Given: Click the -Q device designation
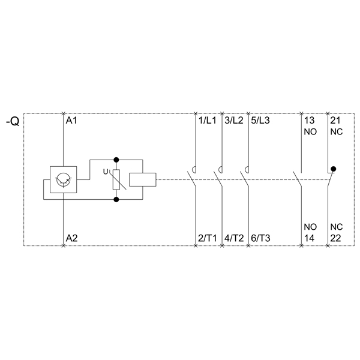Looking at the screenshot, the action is (13, 121).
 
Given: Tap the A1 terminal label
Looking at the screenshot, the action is (71, 121).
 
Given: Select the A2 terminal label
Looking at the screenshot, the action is (72, 238).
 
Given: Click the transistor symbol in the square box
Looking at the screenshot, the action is (64, 179).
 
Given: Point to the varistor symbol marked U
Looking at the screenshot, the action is (116, 179).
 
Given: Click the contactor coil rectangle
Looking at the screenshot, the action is (143, 179).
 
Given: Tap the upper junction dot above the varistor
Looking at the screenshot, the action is (116, 160).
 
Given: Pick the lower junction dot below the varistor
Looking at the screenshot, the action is (116, 200).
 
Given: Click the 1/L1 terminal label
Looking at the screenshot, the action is (208, 121).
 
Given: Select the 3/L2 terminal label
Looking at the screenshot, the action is (234, 121).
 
